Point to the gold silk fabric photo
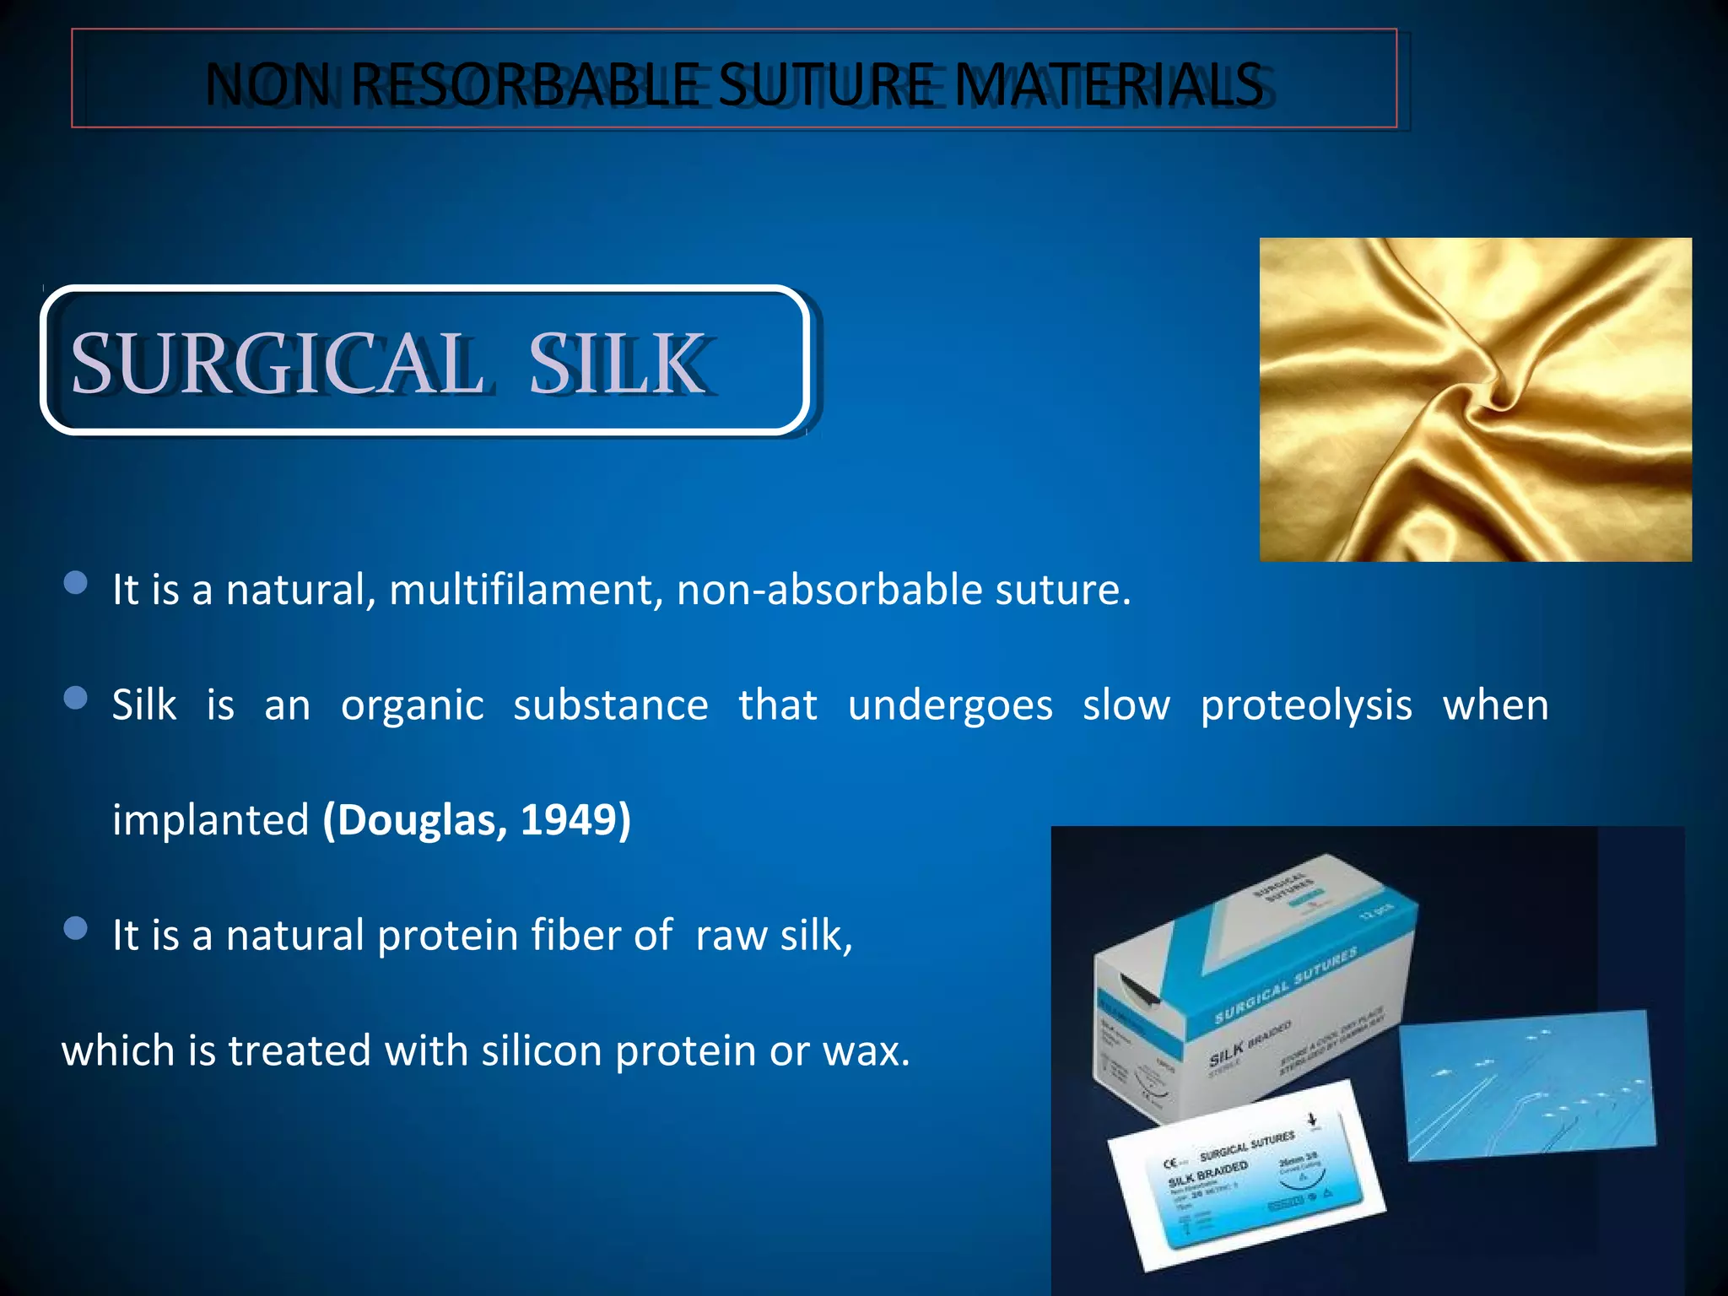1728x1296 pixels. (x=1475, y=399)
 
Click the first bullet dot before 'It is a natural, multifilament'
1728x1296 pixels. (x=76, y=583)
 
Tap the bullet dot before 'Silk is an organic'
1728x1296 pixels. (x=76, y=698)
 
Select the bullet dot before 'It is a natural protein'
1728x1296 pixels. (x=76, y=928)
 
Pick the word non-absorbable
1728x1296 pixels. (x=829, y=589)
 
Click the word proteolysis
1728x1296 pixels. (x=1306, y=705)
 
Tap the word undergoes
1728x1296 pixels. (x=950, y=705)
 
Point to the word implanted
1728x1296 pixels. (x=211, y=820)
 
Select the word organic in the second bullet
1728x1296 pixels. (x=413, y=705)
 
